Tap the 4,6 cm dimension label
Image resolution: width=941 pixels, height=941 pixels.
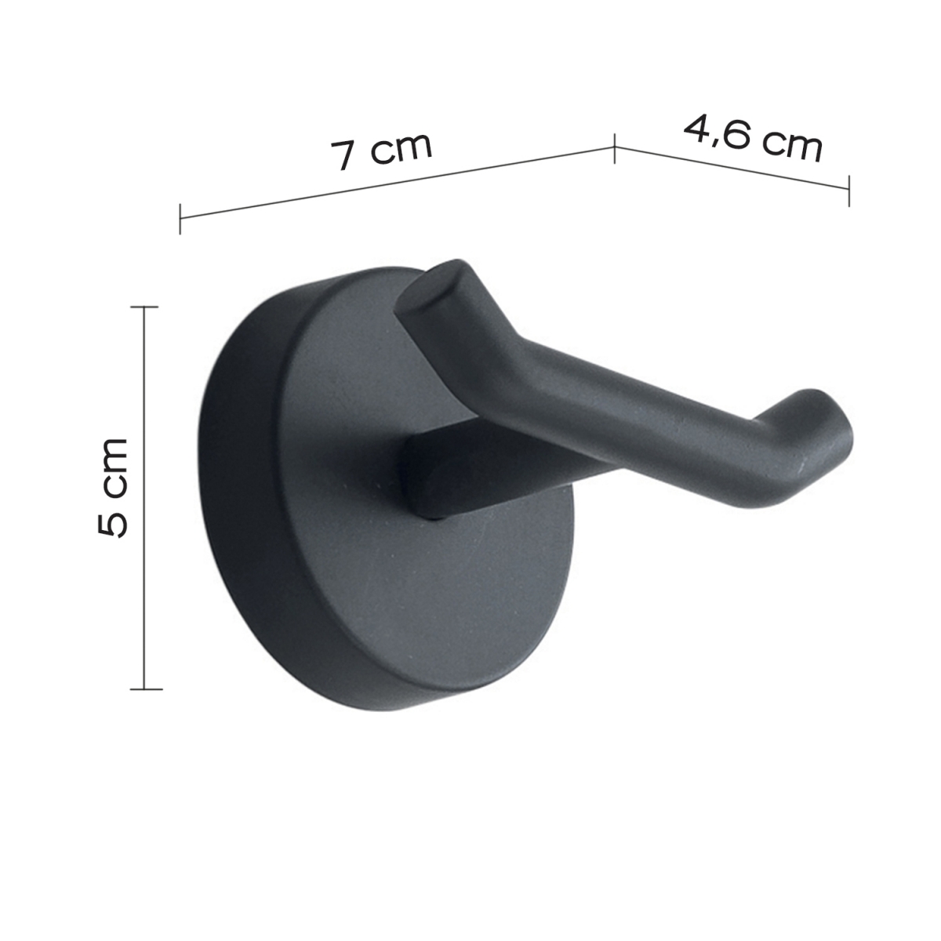click(x=754, y=138)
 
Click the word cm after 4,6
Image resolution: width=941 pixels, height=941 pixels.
click(x=792, y=146)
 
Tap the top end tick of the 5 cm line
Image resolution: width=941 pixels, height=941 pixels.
click(x=144, y=307)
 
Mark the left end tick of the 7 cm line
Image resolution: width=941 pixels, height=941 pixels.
click(x=180, y=218)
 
